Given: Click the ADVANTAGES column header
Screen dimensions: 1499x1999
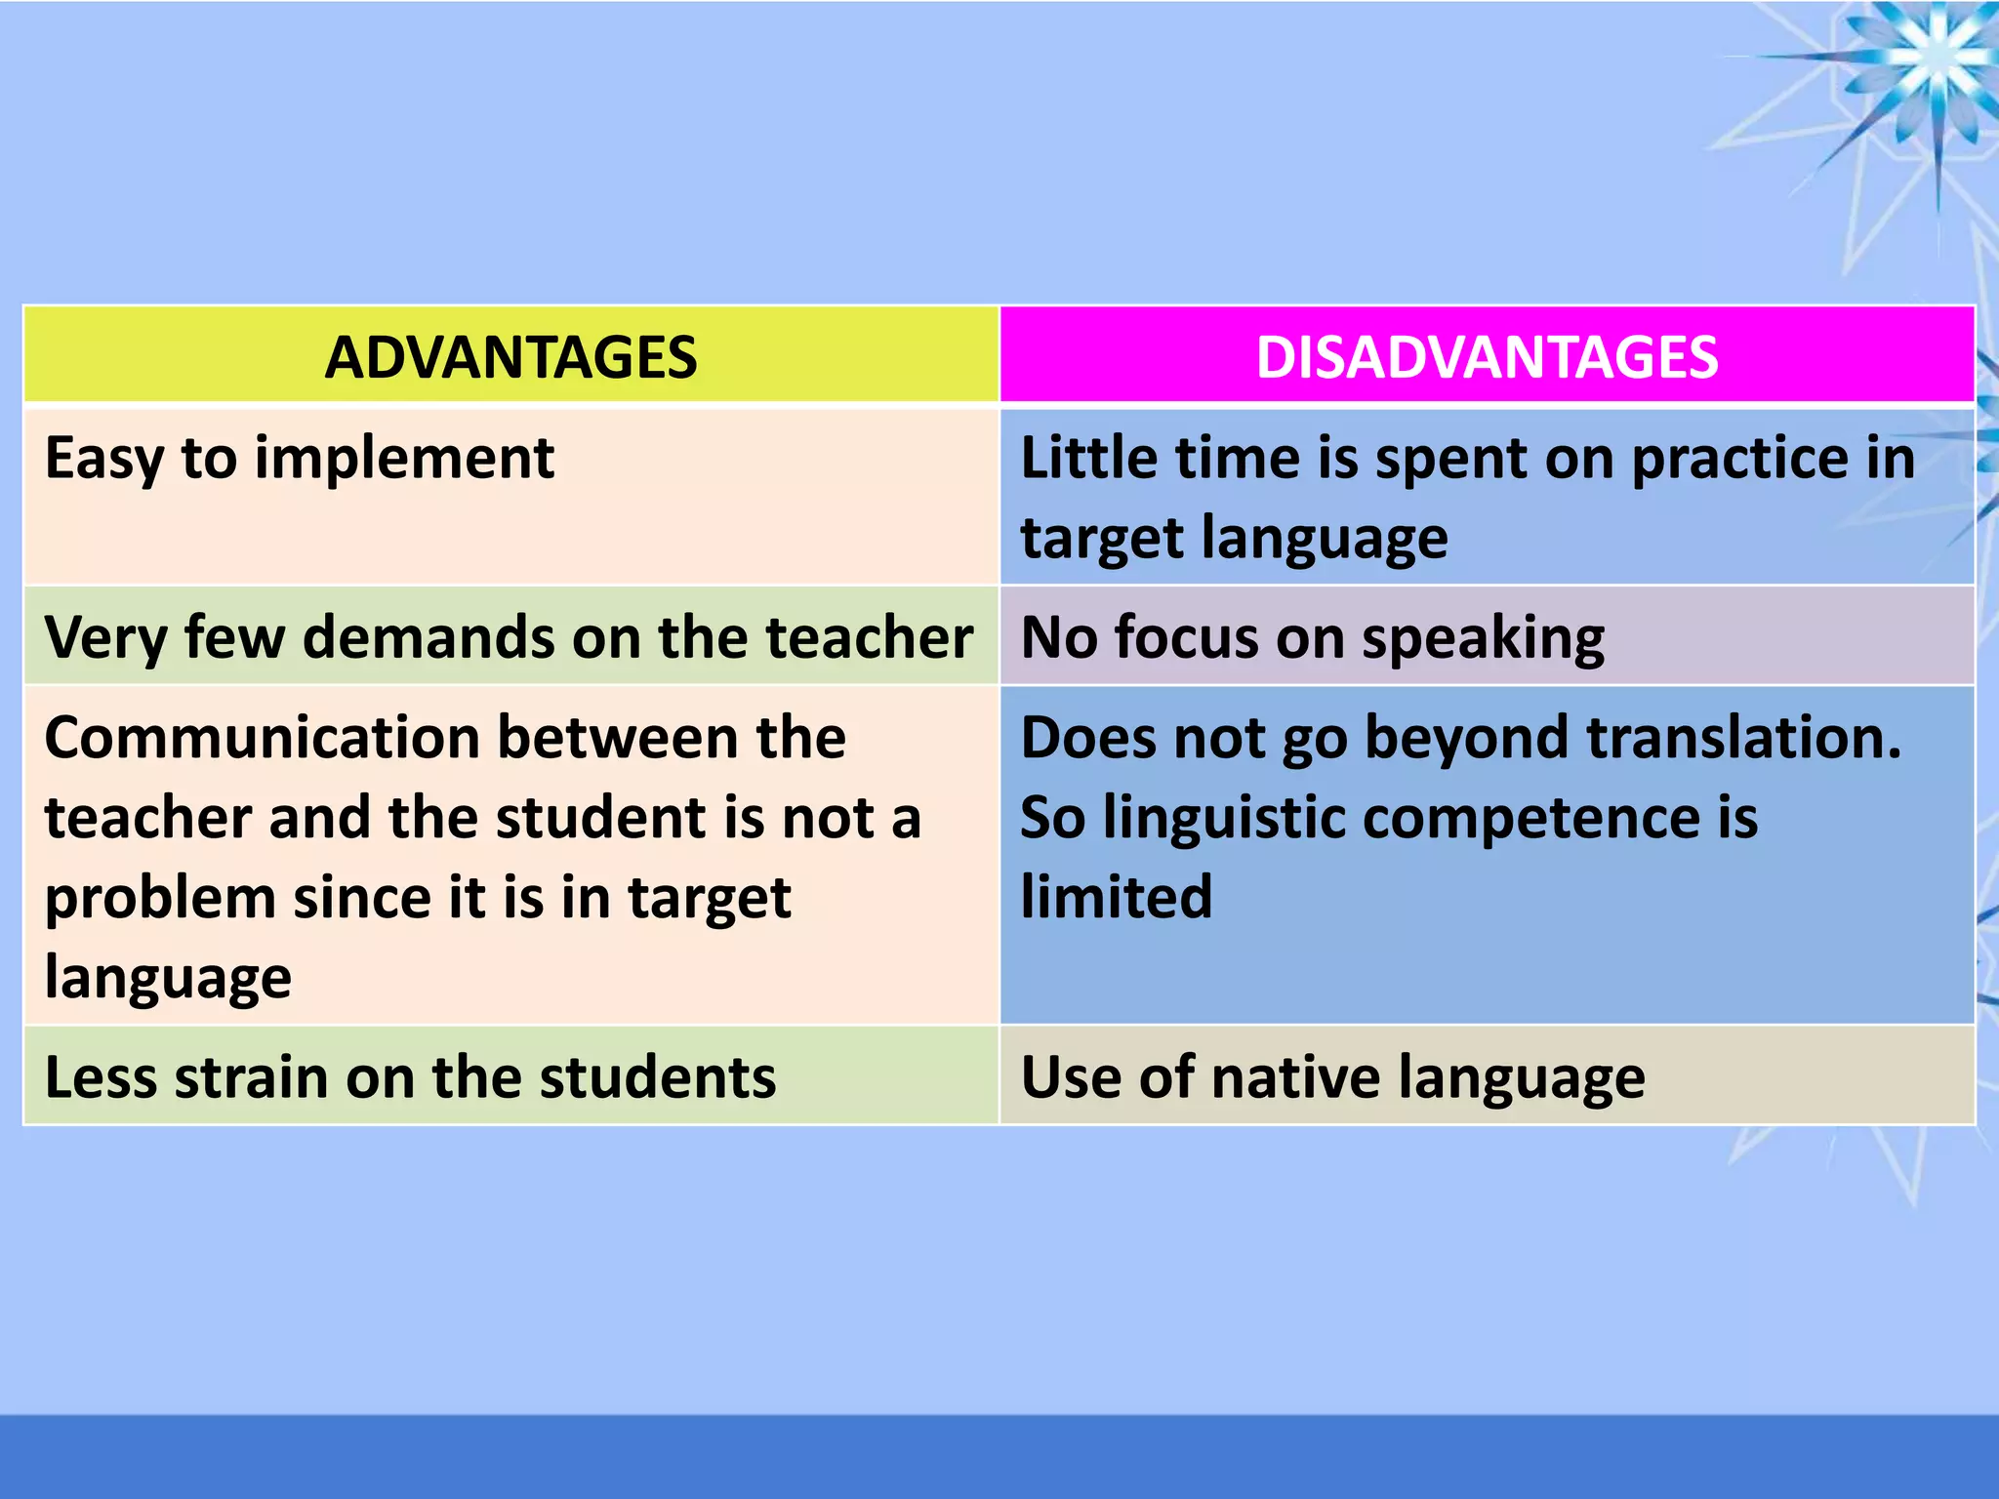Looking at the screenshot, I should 510,357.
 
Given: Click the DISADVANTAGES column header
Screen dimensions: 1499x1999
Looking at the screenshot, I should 1487,357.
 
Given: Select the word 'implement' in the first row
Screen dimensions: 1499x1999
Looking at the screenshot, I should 404,459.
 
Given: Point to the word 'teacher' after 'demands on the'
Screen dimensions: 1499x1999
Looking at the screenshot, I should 869,638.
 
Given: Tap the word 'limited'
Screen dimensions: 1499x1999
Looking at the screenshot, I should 1116,897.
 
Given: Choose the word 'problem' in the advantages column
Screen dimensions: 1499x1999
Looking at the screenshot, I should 160,899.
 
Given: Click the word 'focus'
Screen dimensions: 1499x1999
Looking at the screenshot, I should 1186,638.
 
